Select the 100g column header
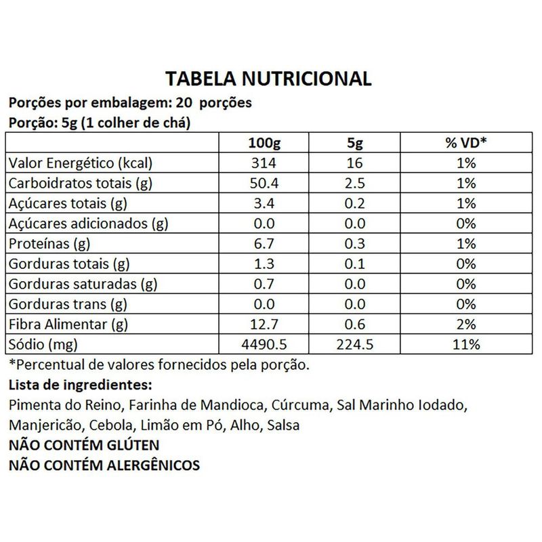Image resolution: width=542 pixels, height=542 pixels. click(266, 144)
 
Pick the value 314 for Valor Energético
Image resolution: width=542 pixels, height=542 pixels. click(266, 164)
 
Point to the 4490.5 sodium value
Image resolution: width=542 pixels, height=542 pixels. click(266, 343)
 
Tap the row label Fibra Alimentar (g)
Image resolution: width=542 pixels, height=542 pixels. click(66, 323)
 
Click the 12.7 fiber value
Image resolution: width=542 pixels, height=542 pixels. click(266, 323)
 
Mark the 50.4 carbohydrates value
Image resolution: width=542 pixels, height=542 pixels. click(266, 184)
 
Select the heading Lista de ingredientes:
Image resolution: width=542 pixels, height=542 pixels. click(77, 385)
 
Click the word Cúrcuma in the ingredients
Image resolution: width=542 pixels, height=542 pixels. click(299, 406)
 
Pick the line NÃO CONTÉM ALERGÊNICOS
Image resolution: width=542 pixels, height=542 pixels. click(104, 465)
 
